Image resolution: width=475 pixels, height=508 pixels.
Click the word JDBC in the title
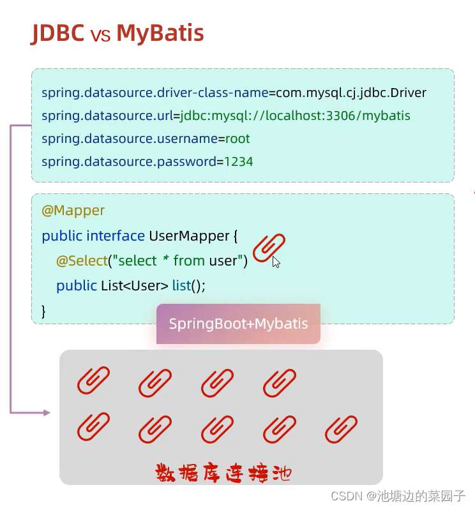click(x=58, y=33)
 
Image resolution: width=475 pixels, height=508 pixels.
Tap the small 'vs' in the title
click(x=100, y=35)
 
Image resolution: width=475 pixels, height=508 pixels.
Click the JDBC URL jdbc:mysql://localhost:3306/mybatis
click(x=295, y=116)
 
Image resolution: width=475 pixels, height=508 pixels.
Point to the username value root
click(x=237, y=138)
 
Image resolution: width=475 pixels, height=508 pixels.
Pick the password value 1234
click(x=239, y=161)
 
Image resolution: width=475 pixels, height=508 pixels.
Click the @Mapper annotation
click(x=73, y=210)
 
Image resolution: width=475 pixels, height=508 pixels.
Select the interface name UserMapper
click(x=189, y=235)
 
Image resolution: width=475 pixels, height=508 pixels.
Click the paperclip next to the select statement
click(x=269, y=248)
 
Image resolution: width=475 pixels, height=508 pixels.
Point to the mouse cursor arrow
click(x=276, y=262)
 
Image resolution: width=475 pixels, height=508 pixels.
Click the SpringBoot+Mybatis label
click(x=238, y=324)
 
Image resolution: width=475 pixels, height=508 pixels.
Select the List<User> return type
click(x=135, y=285)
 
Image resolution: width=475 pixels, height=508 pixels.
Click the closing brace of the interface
click(x=44, y=311)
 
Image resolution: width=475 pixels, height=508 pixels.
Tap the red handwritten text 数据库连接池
click(x=223, y=473)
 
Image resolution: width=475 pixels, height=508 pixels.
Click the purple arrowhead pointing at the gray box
click(x=46, y=413)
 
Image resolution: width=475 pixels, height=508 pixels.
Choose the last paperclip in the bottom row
click(x=341, y=430)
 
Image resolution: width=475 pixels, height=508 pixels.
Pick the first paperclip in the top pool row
click(x=93, y=381)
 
